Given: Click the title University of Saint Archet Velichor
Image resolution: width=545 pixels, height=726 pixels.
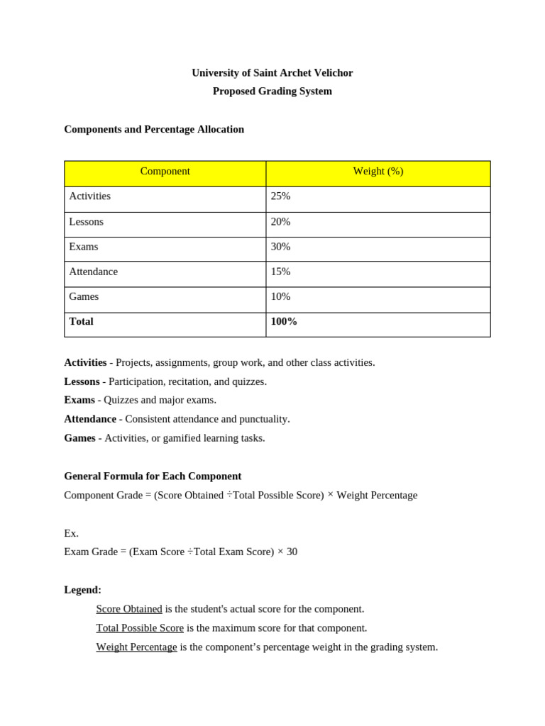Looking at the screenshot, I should [x=272, y=73].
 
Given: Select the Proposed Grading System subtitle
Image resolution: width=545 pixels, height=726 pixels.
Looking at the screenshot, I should [x=272, y=91].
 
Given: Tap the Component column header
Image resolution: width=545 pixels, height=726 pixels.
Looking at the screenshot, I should [x=165, y=172].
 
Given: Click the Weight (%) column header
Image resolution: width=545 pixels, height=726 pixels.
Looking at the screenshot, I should [x=378, y=172].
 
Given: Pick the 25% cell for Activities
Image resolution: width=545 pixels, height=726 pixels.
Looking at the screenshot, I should [x=280, y=196].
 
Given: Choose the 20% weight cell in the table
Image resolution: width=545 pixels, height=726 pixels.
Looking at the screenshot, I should [x=280, y=222].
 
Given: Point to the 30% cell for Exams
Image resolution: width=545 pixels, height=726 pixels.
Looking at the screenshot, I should [x=280, y=247].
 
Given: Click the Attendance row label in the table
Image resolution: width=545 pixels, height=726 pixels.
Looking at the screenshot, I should [x=93, y=272].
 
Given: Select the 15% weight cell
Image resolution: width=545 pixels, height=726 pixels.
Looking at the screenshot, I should [x=280, y=272].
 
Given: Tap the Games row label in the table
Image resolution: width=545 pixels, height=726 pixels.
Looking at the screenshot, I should [x=84, y=296].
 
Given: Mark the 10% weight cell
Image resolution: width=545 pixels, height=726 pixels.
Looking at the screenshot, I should [x=280, y=296].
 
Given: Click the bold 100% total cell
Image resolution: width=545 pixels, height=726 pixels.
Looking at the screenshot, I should [x=284, y=322].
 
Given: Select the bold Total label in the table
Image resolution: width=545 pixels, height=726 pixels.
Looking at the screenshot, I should [x=81, y=322].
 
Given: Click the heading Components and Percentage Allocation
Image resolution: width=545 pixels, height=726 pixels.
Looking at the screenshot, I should [x=154, y=129].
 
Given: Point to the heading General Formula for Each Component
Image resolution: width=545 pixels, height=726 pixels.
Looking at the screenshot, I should [x=153, y=476].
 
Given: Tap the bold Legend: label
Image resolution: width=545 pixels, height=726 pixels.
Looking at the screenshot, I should [x=82, y=590].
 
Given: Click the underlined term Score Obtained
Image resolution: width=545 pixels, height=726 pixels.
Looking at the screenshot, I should [x=129, y=609].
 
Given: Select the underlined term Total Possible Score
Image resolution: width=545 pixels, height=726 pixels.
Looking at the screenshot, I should [x=140, y=628].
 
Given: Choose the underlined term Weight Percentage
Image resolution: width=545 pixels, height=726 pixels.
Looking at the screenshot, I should [x=136, y=647].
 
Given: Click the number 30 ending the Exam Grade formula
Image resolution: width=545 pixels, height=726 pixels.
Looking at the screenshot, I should [x=292, y=552].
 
